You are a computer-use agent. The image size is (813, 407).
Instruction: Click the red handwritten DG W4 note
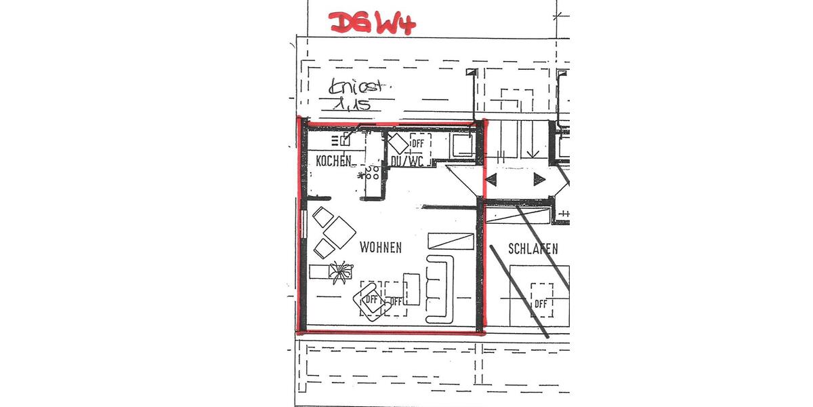click(x=372, y=22)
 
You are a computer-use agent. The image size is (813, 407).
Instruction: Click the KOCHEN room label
click(x=334, y=161)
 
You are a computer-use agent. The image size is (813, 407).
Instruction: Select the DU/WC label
click(x=407, y=161)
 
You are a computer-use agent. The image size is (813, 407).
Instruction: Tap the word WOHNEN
click(x=380, y=248)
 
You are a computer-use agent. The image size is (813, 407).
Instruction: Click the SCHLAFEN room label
click(x=534, y=249)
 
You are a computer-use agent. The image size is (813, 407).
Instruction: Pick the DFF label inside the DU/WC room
click(x=417, y=142)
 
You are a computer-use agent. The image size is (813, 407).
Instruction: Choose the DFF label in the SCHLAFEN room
click(x=540, y=303)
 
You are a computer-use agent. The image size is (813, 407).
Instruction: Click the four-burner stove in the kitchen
click(x=371, y=174)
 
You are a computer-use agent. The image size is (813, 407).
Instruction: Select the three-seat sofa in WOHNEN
click(x=439, y=288)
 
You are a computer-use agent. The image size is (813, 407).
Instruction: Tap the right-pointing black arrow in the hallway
click(x=539, y=179)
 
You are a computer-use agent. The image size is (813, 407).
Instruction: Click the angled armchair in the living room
click(x=369, y=298)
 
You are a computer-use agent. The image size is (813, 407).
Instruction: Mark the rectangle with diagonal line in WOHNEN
click(x=451, y=241)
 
